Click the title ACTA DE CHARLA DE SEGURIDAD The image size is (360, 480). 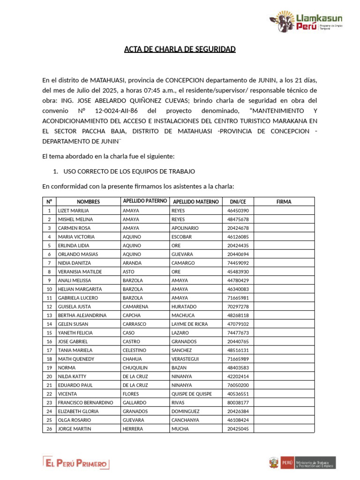click(180, 49)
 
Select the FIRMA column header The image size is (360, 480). click(284, 202)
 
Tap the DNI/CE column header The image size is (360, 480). click(238, 202)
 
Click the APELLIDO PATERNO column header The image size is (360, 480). click(144, 201)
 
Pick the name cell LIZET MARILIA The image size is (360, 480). click(73, 211)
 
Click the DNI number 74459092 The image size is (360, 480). click(238, 263)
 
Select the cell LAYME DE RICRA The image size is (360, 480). click(189, 324)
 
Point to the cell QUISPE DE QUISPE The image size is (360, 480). click(191, 394)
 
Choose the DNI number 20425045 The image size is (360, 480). click(238, 429)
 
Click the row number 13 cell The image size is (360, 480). click(49, 315)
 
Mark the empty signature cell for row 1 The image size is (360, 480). click(284, 211)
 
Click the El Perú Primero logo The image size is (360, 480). click(76, 463)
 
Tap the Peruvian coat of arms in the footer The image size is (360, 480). click(273, 463)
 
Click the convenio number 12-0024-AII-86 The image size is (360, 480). click(114, 111)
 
